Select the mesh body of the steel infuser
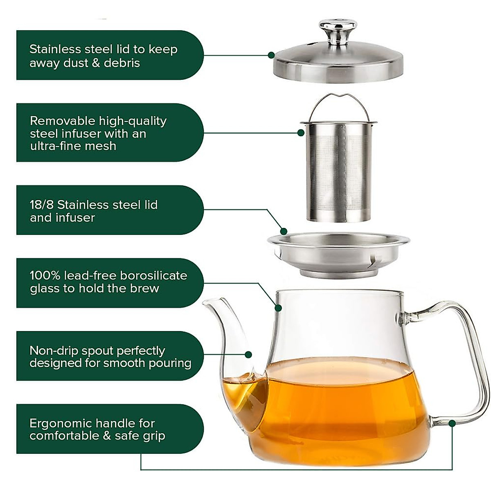338,172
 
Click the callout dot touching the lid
271,55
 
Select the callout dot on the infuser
301,133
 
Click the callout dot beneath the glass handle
452,423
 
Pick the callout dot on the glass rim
278,307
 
